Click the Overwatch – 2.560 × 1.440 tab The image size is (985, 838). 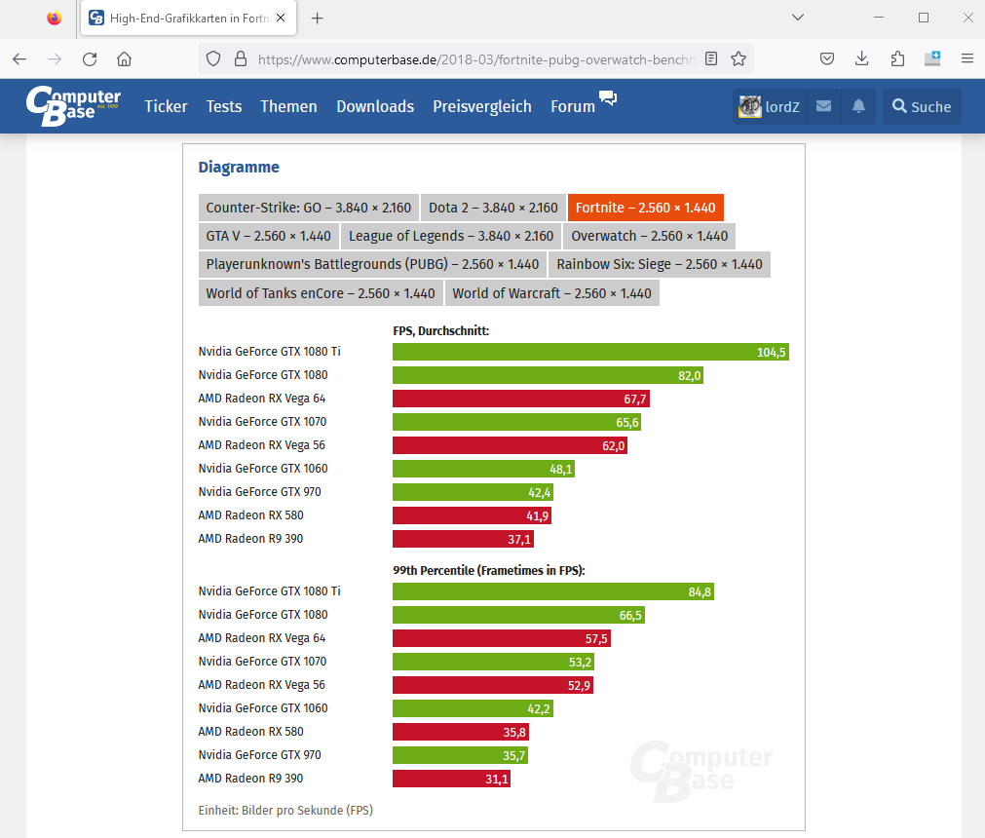(649, 236)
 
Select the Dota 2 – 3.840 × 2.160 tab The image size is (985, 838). (493, 208)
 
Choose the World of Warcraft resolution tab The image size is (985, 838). (551, 293)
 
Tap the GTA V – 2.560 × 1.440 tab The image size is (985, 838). (268, 236)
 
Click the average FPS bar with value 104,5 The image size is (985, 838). (590, 352)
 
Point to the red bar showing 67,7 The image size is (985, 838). (520, 399)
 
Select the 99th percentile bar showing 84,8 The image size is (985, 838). (552, 591)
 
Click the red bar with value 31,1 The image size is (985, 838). (451, 779)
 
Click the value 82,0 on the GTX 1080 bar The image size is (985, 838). (689, 375)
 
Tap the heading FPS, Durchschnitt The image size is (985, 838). (440, 331)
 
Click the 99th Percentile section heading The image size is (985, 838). (488, 571)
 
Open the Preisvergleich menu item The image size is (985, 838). (482, 107)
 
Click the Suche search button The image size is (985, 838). (922, 107)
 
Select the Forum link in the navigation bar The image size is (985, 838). (573, 107)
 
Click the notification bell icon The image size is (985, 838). (858, 107)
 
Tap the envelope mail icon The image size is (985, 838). (823, 107)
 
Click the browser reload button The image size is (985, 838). (90, 58)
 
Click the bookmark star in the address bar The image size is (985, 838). (739, 58)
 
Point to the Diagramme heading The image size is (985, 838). (239, 168)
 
